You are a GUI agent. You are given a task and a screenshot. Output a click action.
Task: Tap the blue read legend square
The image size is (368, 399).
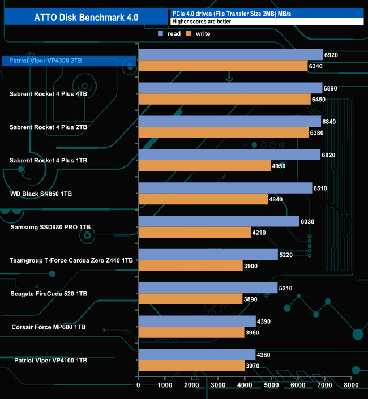pyautogui.click(x=160, y=34)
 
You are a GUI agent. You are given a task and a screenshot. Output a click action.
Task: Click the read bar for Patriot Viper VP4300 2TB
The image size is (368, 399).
pyautogui.click(x=230, y=54)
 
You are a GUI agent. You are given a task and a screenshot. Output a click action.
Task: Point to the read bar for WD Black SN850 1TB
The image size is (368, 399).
pyautogui.click(x=225, y=188)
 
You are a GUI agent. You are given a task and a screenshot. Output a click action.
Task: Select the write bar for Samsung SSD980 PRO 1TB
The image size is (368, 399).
pyautogui.click(x=195, y=232)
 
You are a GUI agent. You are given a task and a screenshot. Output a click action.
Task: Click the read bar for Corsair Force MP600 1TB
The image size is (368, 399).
pyautogui.click(x=196, y=321)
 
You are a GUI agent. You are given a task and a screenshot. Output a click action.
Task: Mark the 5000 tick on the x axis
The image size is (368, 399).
pyautogui.click(x=271, y=385)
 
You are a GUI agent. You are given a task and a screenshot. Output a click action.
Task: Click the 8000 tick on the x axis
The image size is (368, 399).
pyautogui.click(x=350, y=385)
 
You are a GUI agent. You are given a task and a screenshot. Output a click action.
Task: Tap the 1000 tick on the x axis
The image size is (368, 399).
pyautogui.click(x=165, y=385)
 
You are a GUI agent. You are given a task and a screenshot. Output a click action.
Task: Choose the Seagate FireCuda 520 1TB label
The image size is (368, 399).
pyautogui.click(x=49, y=293)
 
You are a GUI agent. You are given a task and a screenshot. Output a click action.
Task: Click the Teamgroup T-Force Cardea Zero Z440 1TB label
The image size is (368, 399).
pyautogui.click(x=71, y=260)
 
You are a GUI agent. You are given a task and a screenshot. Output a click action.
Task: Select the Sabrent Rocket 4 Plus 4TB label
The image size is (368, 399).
pyautogui.click(x=49, y=94)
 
